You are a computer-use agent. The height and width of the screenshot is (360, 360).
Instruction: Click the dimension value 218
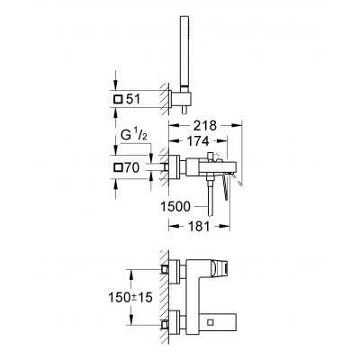point(204,126)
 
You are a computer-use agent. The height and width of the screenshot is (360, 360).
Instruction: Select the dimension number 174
point(197,141)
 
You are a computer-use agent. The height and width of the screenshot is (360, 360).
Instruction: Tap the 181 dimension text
point(198,226)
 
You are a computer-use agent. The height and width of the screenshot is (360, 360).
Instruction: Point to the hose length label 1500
point(175,206)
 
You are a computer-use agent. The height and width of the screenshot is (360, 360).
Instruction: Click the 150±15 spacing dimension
point(130,297)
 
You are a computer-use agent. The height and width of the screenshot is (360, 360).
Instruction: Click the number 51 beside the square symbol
point(133,99)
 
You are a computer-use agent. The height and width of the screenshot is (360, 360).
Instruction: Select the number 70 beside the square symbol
point(132,167)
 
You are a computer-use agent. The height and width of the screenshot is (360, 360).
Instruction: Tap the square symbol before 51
point(118,99)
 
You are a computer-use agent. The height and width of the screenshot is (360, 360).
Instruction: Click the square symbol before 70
point(118,167)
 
